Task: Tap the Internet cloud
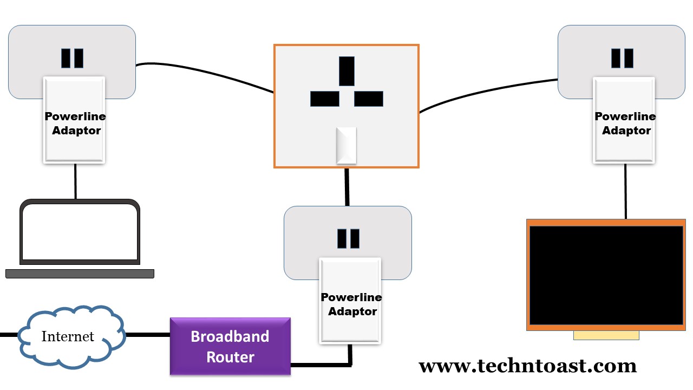68,336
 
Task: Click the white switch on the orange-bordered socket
346,145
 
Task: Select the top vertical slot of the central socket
346,71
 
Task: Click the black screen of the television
606,275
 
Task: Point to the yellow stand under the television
606,335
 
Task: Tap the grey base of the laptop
80,274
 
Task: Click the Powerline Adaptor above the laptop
74,120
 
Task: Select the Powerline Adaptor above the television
624,120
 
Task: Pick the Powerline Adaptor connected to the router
350,301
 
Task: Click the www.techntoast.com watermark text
527,366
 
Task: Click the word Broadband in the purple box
230,336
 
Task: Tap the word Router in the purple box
230,357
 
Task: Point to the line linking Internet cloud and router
147,335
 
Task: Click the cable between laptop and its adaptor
75,181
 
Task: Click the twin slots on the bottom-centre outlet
348,238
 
